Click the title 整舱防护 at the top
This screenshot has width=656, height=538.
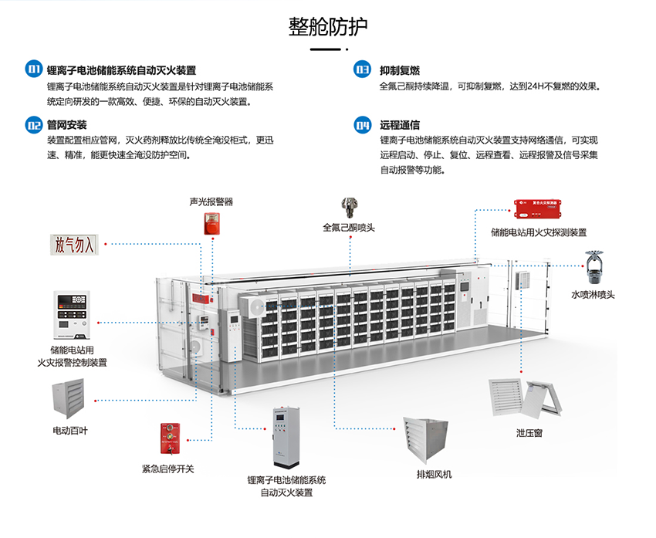[x=327, y=27]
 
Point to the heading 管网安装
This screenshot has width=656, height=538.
[x=66, y=125]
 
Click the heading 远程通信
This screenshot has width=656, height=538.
[x=400, y=125]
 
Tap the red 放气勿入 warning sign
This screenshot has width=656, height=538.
[x=74, y=245]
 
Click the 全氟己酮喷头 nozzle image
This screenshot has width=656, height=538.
[x=348, y=207]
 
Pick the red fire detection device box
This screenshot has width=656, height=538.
[x=538, y=208]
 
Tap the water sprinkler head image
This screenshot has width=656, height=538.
[x=593, y=267]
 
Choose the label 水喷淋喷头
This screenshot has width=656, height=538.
[x=593, y=295]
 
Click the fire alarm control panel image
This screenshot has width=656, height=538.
[x=72, y=316]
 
